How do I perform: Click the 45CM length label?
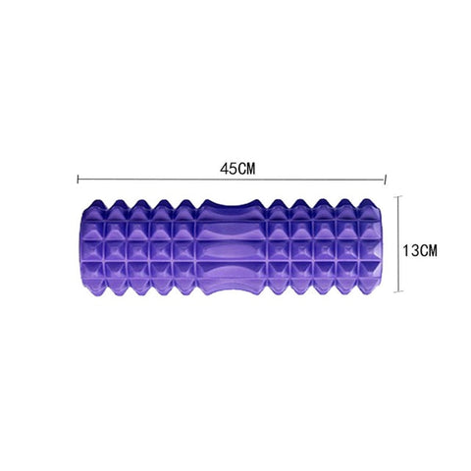click(x=236, y=168)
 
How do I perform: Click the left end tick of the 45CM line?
click(x=78, y=181)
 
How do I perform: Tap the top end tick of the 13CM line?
click(x=397, y=195)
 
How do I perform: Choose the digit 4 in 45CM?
click(x=224, y=168)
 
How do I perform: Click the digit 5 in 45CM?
click(x=232, y=168)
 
